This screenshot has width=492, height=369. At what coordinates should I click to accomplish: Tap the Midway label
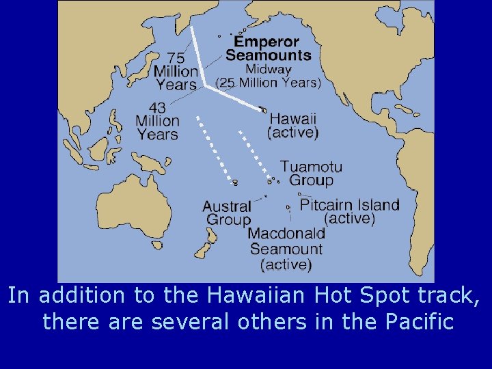pyautogui.click(x=269, y=69)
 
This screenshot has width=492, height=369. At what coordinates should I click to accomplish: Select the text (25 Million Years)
pyautogui.click(x=268, y=83)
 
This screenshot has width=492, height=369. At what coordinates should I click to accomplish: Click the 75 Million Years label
pyautogui.click(x=176, y=71)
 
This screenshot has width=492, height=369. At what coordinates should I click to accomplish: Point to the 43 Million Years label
pyautogui.click(x=157, y=121)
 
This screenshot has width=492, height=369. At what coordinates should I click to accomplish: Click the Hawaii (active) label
pyautogui.click(x=293, y=124)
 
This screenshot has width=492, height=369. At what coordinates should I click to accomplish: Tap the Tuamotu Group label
pyautogui.click(x=311, y=174)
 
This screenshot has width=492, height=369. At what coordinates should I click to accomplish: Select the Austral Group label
pyautogui.click(x=228, y=213)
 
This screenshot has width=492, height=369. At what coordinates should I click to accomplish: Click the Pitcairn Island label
pyautogui.click(x=349, y=204)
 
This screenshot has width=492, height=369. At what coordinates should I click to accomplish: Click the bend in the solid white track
pyautogui.click(x=205, y=86)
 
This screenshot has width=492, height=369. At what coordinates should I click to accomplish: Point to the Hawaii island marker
pyautogui.click(x=262, y=109)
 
